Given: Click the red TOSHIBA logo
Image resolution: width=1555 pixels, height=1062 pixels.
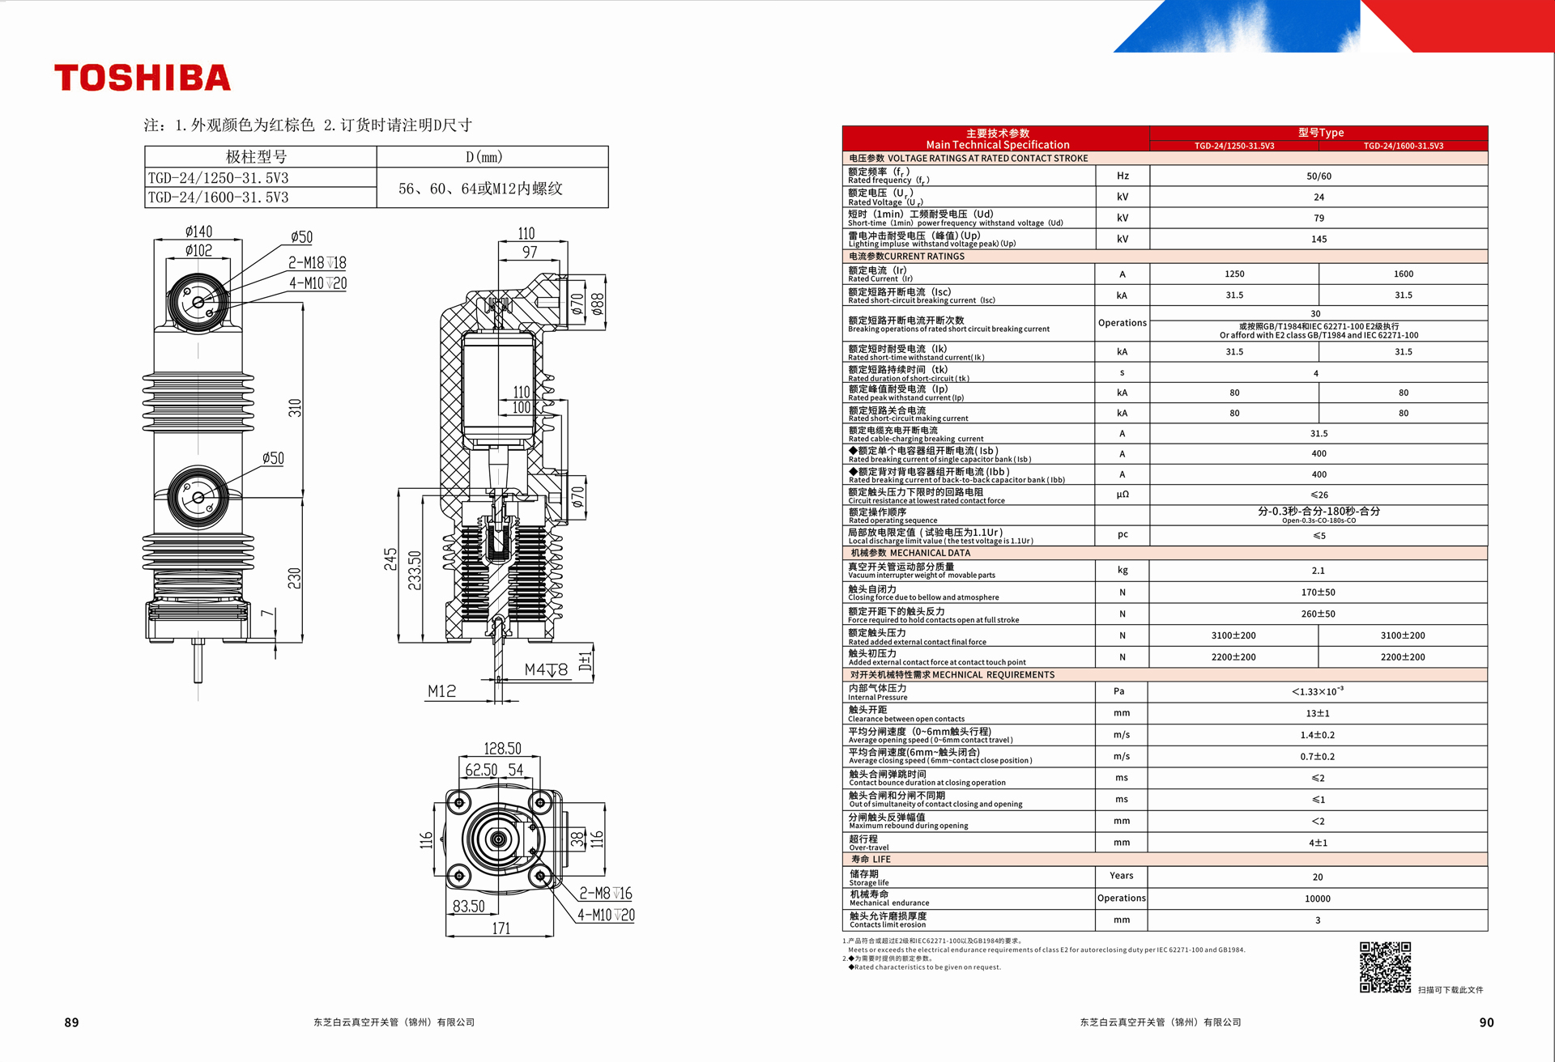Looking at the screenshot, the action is coord(143,78).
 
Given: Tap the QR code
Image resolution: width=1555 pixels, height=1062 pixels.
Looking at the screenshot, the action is coord(1385,966).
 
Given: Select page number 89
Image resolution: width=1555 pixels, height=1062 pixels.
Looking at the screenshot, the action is coord(72,1022).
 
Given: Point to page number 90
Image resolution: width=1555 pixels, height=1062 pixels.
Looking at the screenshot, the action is coord(1486,1022).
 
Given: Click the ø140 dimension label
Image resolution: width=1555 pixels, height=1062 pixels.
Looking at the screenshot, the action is coord(198,232).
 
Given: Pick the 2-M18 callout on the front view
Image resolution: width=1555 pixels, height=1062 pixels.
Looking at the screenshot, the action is coord(317,262).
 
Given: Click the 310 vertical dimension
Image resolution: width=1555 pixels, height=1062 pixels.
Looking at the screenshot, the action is coord(295,408).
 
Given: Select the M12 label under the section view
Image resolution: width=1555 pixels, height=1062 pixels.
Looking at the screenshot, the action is coord(441,691).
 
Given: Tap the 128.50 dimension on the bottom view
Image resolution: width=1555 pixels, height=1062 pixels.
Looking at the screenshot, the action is coord(502,749).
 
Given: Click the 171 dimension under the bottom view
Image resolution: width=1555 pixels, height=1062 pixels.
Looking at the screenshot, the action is coord(501,928).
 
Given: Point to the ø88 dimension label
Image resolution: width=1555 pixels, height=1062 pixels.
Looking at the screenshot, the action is coord(598,304).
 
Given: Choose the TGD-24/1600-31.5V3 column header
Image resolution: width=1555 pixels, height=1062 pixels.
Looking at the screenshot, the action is coord(1404,146).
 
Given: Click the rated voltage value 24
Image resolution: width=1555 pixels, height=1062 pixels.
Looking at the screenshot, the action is coord(1319,197).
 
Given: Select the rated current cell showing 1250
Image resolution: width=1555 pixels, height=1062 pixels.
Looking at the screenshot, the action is coord(1234,274).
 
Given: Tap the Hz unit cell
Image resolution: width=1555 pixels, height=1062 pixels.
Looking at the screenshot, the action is coord(1123,176).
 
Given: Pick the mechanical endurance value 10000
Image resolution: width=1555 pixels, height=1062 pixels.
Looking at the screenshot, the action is coord(1318,898).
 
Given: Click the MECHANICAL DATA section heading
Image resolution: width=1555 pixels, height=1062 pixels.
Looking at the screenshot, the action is coord(910,553).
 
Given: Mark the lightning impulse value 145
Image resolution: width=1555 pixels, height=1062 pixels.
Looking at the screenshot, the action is coord(1319,239).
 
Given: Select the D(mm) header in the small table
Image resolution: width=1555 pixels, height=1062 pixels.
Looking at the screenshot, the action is coord(484,157).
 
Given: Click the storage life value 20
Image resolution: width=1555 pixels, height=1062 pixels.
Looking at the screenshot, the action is coord(1318,877).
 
